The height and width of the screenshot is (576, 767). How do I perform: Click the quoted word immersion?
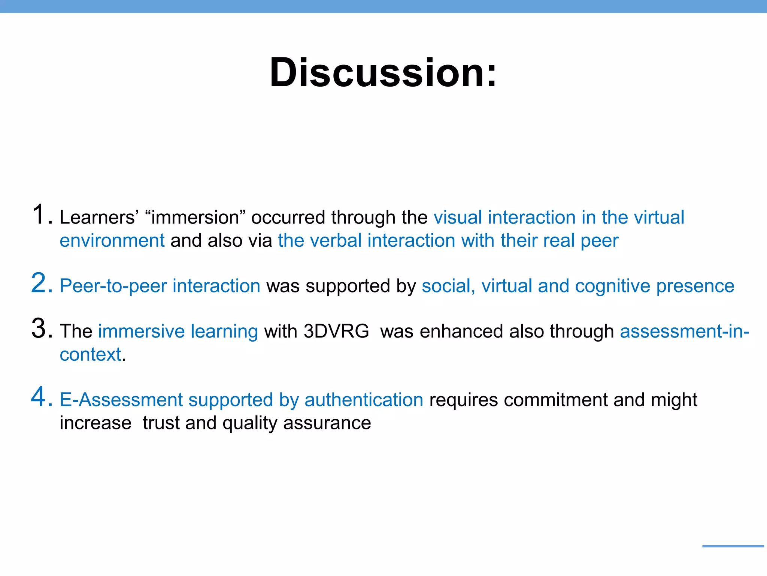point(195,217)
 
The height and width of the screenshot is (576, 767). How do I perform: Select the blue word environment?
point(112,240)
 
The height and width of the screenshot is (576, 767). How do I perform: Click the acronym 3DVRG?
point(336,331)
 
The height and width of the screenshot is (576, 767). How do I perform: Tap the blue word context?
point(91,354)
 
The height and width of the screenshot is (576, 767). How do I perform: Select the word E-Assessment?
point(121,400)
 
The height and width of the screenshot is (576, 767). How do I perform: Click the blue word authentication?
point(364,400)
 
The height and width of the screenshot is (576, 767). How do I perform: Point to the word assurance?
point(327,423)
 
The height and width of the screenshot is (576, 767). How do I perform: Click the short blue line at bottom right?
point(733,546)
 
